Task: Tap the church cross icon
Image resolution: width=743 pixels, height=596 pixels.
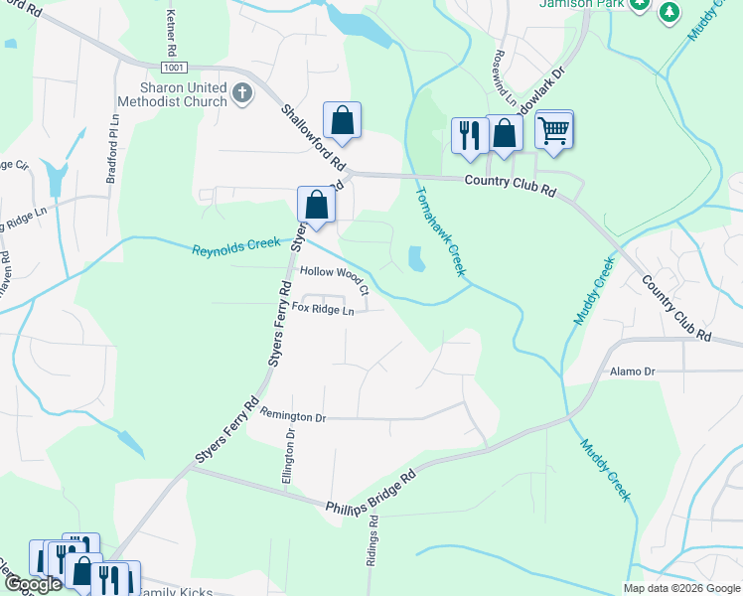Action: (x=241, y=95)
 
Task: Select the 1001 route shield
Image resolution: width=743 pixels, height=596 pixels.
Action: (x=173, y=67)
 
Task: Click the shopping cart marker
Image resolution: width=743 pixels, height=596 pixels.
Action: (x=554, y=128)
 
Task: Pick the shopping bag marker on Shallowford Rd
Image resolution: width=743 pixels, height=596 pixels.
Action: (x=341, y=121)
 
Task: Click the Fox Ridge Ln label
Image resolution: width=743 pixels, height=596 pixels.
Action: (x=323, y=310)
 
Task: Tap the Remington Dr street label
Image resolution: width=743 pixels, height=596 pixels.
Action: (x=292, y=418)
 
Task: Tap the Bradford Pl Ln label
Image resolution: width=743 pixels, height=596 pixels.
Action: (x=112, y=153)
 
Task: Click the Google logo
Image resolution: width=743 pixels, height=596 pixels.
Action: (x=33, y=584)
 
